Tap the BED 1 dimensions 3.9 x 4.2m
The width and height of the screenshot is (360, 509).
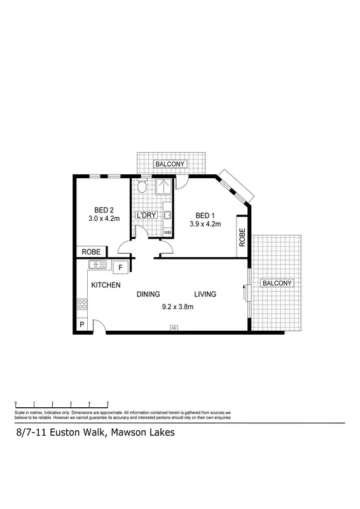click(x=205, y=224)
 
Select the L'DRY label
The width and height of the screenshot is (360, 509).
click(x=146, y=216)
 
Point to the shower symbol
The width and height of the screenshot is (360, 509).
click(x=164, y=187)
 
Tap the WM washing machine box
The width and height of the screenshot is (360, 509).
click(x=168, y=233)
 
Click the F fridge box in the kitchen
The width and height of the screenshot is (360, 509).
click(x=121, y=267)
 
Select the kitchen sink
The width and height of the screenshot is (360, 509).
click(x=97, y=265)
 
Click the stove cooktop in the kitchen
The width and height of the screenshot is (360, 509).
click(x=82, y=304)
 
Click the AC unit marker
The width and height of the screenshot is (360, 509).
click(x=173, y=328)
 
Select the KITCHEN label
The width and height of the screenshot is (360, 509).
click(x=106, y=286)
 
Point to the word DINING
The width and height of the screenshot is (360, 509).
click(x=148, y=294)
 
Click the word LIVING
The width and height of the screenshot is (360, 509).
click(x=205, y=294)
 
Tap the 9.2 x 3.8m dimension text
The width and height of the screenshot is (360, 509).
click(x=177, y=307)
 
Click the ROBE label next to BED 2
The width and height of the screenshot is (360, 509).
click(x=90, y=251)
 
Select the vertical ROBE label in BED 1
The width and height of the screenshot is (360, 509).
click(x=242, y=237)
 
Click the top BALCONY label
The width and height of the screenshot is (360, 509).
click(x=170, y=164)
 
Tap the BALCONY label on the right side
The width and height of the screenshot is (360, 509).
click(x=277, y=283)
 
